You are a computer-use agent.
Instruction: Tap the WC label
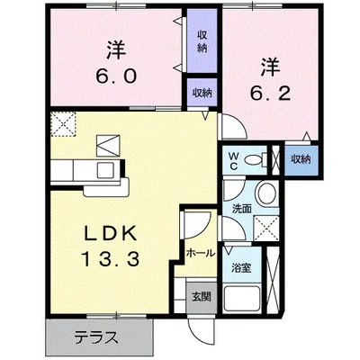pos(232,161)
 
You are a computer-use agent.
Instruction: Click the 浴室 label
pos(240,266)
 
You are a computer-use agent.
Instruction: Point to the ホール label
pos(199,253)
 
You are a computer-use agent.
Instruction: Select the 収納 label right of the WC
pos(301,158)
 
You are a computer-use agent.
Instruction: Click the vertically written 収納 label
pos(202,40)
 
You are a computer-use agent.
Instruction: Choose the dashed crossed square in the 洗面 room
pos(265,226)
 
